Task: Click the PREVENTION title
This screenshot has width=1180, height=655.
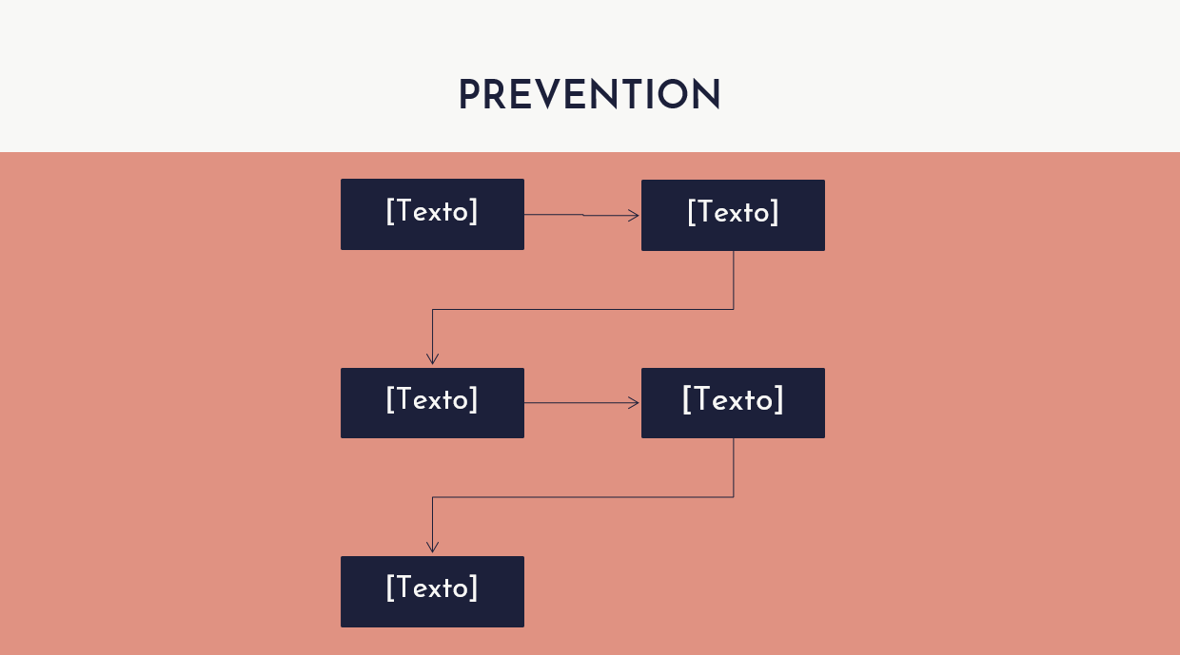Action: tap(589, 94)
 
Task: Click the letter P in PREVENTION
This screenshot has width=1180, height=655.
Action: tap(470, 94)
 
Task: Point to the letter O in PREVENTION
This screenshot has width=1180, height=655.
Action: tap(672, 94)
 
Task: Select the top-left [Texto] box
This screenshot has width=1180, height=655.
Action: tap(432, 214)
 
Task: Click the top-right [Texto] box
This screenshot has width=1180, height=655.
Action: tap(733, 215)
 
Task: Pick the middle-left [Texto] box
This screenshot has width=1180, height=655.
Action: tap(432, 403)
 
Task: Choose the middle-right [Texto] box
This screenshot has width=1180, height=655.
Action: tap(733, 403)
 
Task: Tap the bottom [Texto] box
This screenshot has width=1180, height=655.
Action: tap(432, 591)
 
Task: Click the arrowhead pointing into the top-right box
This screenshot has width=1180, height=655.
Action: tap(634, 215)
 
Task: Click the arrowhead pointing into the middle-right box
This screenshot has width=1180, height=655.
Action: tap(634, 403)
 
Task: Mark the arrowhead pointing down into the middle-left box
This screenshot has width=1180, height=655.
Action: tap(432, 359)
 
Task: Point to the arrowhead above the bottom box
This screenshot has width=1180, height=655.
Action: tap(432, 548)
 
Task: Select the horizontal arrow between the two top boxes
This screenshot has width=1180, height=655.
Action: tap(581, 215)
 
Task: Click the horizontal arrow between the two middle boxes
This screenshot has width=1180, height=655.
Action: tap(581, 403)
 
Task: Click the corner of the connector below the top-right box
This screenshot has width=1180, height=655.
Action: tap(734, 309)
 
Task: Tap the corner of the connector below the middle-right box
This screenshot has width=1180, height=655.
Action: tap(734, 497)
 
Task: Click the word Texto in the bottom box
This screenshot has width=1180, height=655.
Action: tap(432, 588)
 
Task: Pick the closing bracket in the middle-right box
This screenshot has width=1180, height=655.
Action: tap(779, 399)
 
